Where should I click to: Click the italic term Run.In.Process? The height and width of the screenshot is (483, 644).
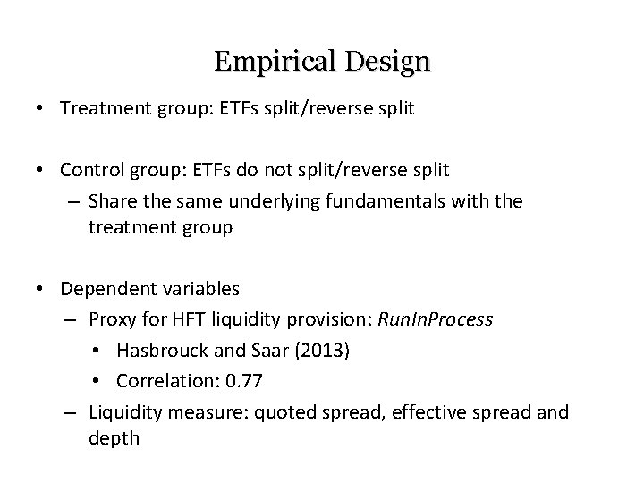coord(436,319)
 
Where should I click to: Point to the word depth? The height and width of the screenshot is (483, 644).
coord(114,438)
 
